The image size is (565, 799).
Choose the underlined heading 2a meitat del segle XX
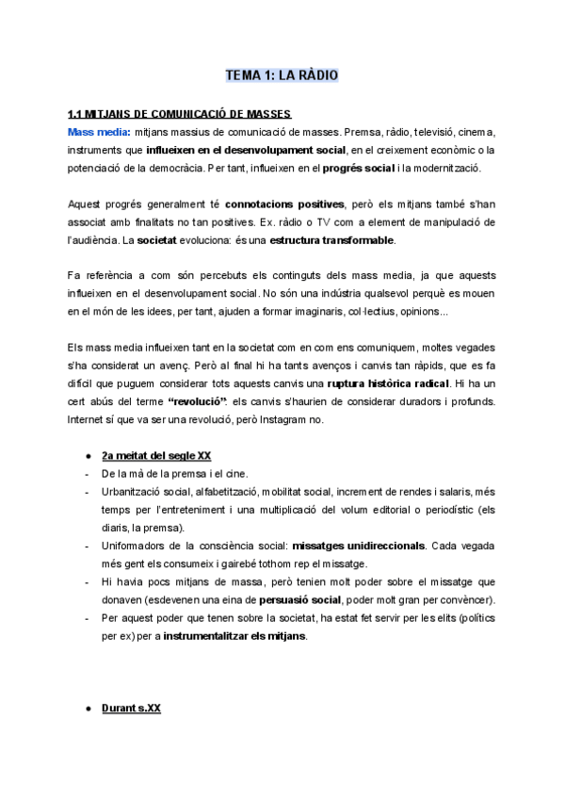156,456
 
